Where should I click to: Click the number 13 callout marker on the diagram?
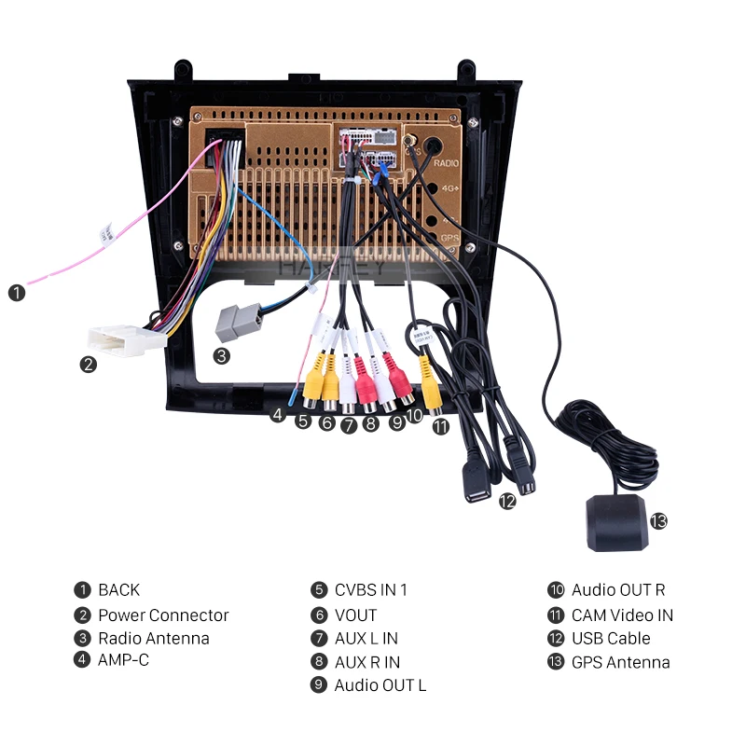659,521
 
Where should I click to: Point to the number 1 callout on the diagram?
17,293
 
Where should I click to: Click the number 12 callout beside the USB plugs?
506,501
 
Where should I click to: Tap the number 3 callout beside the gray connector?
221,355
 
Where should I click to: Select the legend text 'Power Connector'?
163,615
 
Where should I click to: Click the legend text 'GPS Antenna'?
620,663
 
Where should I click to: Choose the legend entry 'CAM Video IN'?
622,615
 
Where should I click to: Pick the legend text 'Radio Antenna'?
154,639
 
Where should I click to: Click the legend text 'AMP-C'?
123,660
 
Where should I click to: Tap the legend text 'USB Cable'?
611,639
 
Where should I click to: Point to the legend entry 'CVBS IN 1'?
371,590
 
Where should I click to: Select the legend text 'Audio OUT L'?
380,685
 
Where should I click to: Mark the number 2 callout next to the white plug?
89,365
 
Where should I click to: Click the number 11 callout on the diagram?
441,426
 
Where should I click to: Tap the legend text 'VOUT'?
356,615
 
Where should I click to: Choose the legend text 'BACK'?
118,590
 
